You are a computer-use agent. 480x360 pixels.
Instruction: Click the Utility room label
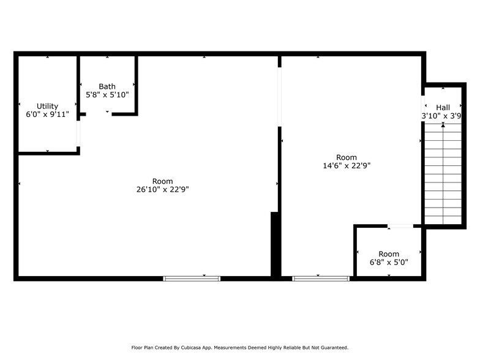point(47,106)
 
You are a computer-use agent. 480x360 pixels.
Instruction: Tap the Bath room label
point(107,86)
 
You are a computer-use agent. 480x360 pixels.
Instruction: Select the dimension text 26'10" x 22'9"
point(162,190)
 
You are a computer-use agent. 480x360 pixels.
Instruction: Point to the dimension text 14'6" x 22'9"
point(346,165)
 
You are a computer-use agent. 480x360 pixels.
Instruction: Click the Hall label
point(443,107)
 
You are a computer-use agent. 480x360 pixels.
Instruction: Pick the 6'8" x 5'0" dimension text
point(388,262)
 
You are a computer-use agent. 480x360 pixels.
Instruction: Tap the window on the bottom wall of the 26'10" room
point(191,278)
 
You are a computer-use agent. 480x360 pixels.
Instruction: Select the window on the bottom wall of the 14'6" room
point(321,278)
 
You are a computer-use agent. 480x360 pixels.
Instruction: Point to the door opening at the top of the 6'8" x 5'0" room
point(401,227)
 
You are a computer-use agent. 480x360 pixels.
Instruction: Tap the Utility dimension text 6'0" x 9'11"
point(47,114)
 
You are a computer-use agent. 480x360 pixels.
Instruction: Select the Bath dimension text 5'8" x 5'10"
point(107,95)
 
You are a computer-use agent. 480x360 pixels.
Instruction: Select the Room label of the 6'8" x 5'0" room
point(388,254)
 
